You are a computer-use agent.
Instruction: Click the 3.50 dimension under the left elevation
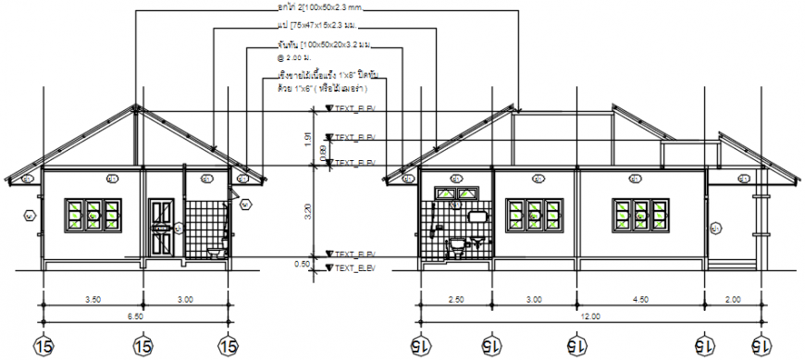[93, 299]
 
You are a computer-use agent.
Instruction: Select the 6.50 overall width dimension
[136, 317]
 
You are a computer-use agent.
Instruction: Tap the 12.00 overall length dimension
[589, 317]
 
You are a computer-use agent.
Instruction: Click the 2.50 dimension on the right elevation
[456, 299]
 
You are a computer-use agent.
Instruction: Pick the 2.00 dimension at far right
[733, 299]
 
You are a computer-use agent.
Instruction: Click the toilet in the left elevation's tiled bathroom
[215, 251]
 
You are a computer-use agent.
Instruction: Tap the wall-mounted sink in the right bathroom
[477, 217]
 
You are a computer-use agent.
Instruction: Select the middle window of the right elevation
[533, 215]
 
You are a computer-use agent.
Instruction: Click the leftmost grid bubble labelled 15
[43, 345]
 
